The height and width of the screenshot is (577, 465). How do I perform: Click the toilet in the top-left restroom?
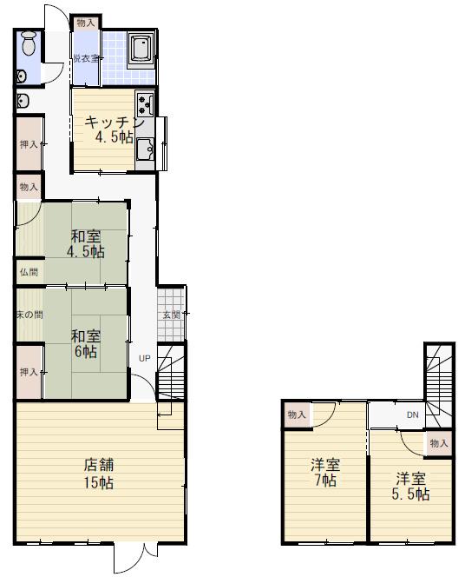pos(29,43)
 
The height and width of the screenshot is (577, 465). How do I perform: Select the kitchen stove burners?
pos(145,104)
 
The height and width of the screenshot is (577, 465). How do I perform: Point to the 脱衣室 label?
pos(86,58)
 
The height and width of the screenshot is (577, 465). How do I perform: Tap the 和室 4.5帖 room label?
pos(86,244)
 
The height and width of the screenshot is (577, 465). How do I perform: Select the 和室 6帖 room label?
pos(86,344)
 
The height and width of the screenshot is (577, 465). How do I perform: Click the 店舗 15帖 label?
pos(99,474)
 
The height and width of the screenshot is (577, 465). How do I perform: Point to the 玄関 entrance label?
pos(171,315)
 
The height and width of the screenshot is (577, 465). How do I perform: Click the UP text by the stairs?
pos(144,358)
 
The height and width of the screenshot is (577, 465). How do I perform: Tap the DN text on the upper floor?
pos(412,415)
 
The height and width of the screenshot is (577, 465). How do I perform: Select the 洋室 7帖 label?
pos(325,473)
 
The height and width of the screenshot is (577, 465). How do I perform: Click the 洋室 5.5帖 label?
pos(410,487)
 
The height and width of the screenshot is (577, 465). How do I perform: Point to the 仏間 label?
pos(29,272)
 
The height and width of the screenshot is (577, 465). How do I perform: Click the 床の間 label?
pos(29,315)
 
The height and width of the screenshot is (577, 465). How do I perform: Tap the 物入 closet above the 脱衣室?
pos(86,23)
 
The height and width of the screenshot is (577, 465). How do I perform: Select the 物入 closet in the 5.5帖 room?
pos(439,443)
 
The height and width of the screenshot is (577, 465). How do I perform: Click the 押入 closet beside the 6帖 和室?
pos(29,372)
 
